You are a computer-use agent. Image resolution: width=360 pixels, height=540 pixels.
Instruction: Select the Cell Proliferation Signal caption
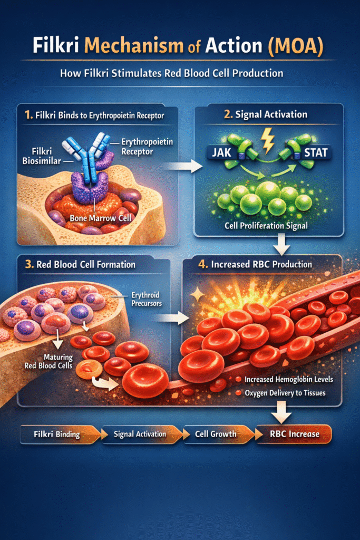[266, 226]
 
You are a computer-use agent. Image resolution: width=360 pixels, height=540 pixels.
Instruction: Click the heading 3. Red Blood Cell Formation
[76, 264]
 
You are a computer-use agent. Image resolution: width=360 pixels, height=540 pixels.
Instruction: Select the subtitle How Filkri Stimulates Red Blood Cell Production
[180, 73]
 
